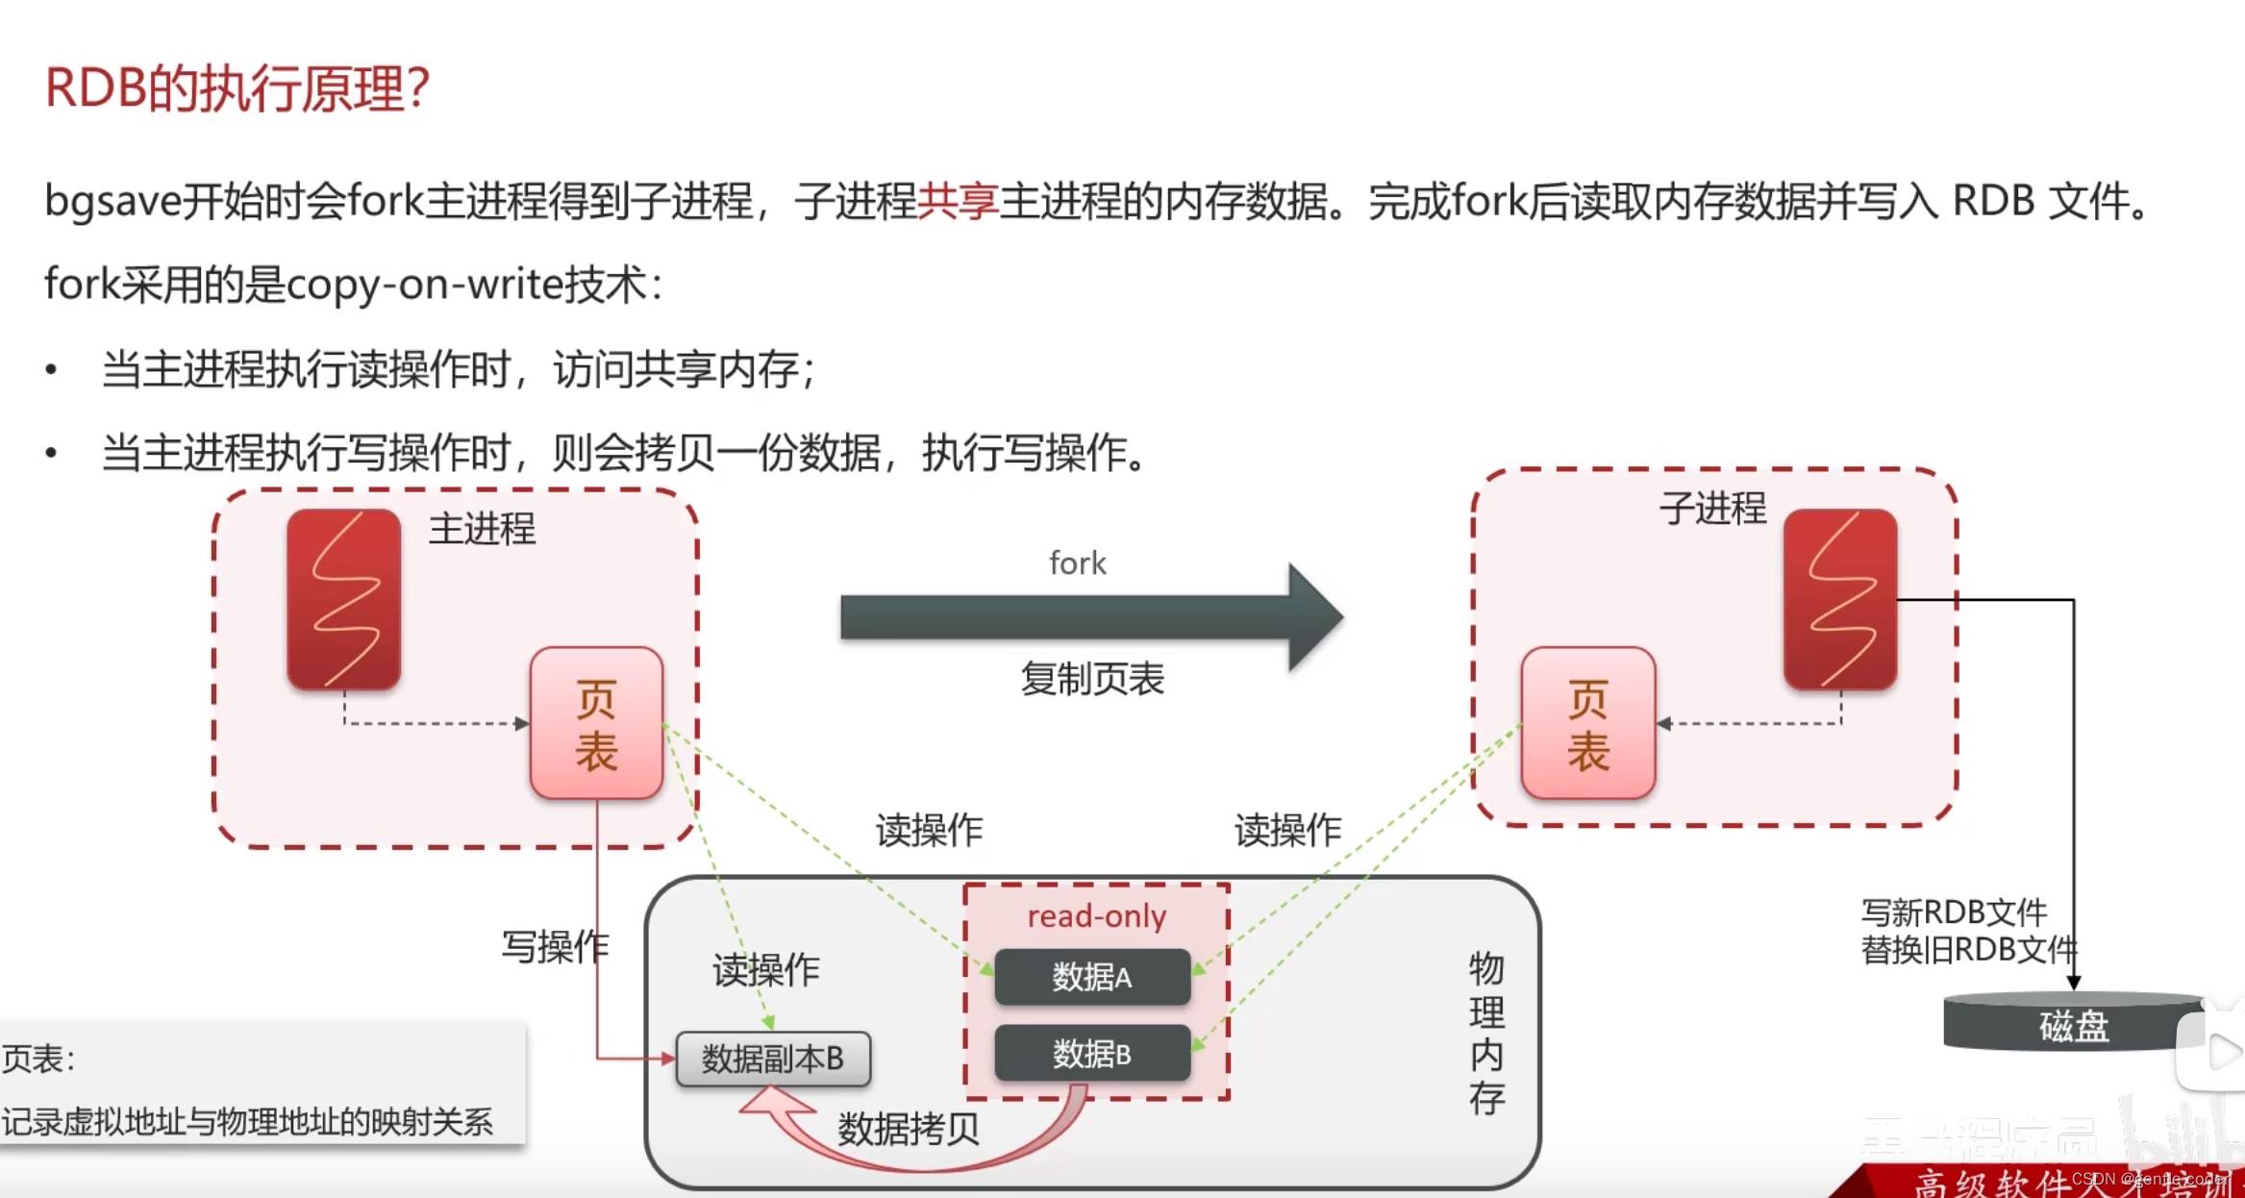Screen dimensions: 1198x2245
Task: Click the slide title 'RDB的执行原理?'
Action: click(237, 88)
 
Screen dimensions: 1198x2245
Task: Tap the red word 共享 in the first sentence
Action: click(958, 202)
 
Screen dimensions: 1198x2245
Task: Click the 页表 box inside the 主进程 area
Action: click(596, 723)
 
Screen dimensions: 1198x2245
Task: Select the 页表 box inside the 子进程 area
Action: click(1587, 723)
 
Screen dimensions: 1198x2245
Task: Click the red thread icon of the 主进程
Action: click(344, 599)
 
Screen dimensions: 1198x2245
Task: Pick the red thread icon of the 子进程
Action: click(1840, 599)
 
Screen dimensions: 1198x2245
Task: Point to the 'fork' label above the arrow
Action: click(1077, 563)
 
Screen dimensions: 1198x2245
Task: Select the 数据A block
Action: click(1092, 977)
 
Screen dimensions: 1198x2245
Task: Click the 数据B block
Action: click(1092, 1054)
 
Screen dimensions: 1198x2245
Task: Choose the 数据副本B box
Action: click(773, 1059)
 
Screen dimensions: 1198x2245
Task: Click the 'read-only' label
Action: click(1096, 916)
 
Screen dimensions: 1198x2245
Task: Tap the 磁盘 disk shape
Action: click(2073, 1025)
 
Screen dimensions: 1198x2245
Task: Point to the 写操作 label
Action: click(555, 947)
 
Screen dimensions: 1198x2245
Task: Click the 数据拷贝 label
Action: click(909, 1129)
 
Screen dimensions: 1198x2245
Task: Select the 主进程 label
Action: click(482, 529)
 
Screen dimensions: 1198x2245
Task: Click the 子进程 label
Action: click(1712, 508)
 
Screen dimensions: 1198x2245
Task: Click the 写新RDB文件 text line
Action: click(1954, 911)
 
